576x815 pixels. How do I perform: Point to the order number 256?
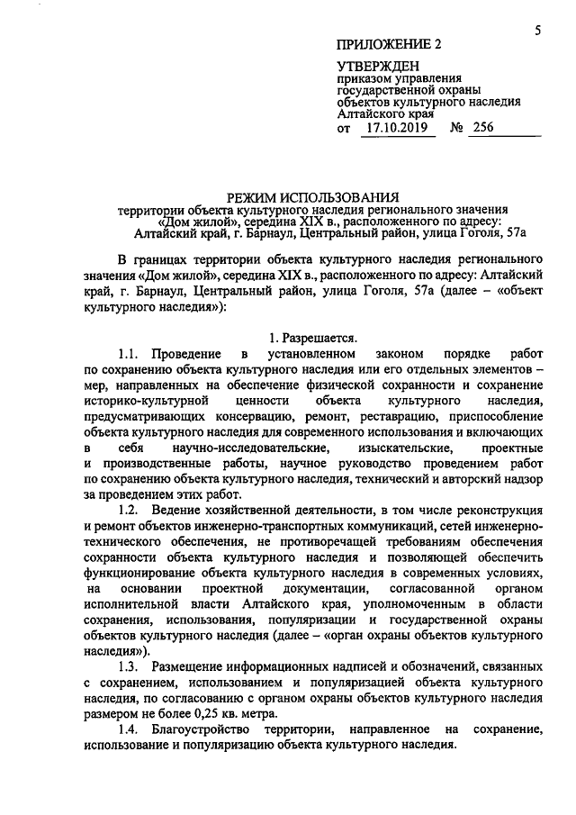(484, 129)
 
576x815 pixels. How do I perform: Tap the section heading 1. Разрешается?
(312, 339)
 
